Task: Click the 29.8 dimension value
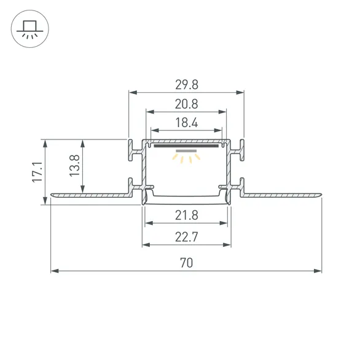coord(186,85)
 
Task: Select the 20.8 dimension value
coord(186,104)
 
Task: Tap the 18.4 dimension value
coord(186,123)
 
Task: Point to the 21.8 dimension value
coord(186,216)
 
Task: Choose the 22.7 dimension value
coord(186,237)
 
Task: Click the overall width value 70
coord(186,262)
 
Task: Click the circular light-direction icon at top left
coord(28,29)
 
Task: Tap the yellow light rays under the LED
coord(186,158)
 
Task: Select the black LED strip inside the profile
coord(186,146)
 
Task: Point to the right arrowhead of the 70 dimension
coord(318,270)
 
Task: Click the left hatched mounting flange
coord(92,195)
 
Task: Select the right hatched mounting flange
coord(280,195)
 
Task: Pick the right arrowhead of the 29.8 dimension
coord(241,93)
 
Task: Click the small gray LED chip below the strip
coord(186,151)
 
